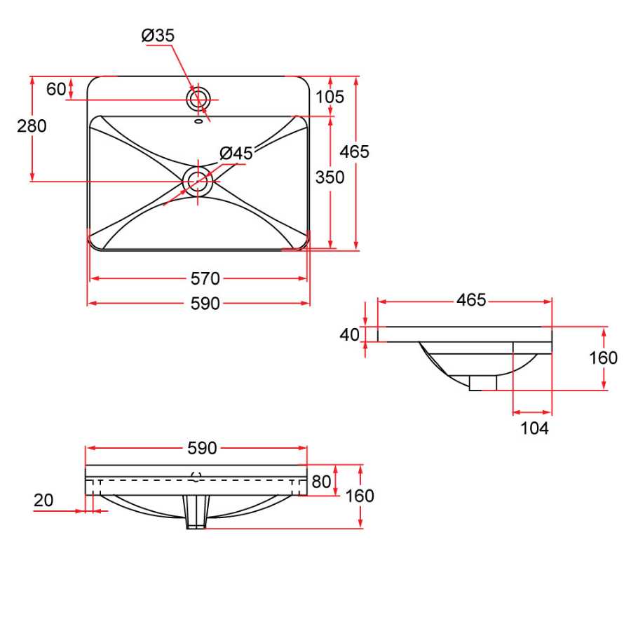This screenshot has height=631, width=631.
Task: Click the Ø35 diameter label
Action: coord(158,35)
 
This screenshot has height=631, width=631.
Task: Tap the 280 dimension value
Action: coord(32,126)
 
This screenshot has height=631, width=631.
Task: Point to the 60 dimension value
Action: coord(56,89)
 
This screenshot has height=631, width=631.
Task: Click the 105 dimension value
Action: coord(330,97)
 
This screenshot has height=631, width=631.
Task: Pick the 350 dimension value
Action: coord(330,177)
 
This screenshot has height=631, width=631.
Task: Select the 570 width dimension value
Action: coord(205,279)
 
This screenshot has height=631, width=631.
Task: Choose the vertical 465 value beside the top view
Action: coord(354,151)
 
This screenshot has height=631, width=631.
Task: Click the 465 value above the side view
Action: coord(471,300)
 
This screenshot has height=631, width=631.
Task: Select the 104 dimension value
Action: coord(534,428)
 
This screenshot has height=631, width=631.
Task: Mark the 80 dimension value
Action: coord(321,482)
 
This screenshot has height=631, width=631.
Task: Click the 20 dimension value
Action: coord(43,500)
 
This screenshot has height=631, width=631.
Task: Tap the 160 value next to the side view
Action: coord(603,358)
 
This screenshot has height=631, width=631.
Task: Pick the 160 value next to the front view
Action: coord(360,496)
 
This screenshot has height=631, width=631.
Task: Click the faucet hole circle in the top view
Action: coord(198,98)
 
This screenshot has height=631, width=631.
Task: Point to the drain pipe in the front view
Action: coord(197,512)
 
